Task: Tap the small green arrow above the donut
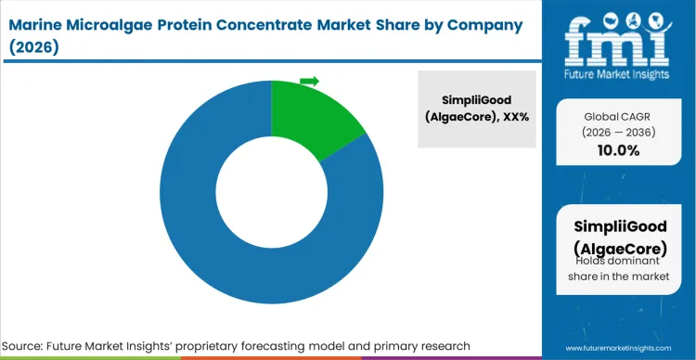tap(309, 82)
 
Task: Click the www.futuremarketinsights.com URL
tap(616, 346)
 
